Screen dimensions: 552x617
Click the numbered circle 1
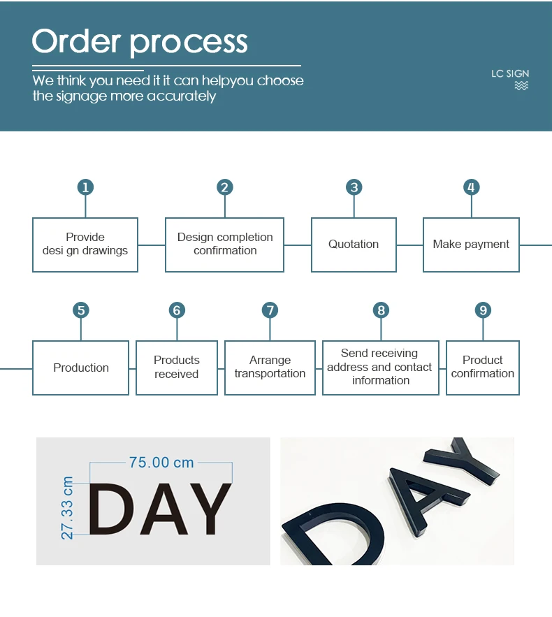(85, 187)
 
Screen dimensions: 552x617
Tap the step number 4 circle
(471, 187)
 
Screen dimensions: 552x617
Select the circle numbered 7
(270, 310)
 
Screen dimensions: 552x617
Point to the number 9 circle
(482, 310)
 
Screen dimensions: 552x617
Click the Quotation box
(354, 245)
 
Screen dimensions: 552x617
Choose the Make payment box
(471, 245)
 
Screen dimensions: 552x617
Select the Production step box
(81, 368)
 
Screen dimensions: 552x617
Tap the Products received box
(177, 368)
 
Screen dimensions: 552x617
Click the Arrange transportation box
(270, 368)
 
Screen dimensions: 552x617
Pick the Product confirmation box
(483, 368)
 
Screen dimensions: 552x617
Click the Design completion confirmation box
(225, 245)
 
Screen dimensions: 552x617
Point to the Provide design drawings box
(85, 245)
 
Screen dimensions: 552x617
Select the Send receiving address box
(381, 368)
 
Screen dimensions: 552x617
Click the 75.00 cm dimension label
(161, 463)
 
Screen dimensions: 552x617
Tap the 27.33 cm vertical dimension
(68, 508)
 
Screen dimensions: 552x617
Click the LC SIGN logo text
(510, 73)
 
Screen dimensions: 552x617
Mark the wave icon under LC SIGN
(521, 86)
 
